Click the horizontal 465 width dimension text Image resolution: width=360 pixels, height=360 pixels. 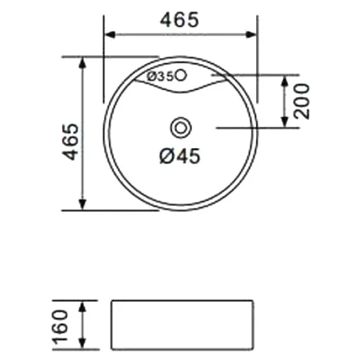click(x=179, y=20)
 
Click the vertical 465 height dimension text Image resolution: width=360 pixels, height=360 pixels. click(x=71, y=142)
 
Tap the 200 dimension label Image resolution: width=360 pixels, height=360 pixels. click(x=302, y=101)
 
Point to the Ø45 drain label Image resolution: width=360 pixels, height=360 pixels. click(x=180, y=156)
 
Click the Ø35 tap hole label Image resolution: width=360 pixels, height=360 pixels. click(x=160, y=77)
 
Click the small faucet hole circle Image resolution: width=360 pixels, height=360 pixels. click(x=181, y=75)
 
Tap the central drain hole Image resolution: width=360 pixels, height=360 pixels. click(x=181, y=128)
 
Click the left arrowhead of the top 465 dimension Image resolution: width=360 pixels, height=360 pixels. click(x=110, y=35)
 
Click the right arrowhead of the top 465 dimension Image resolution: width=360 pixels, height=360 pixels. click(x=251, y=35)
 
